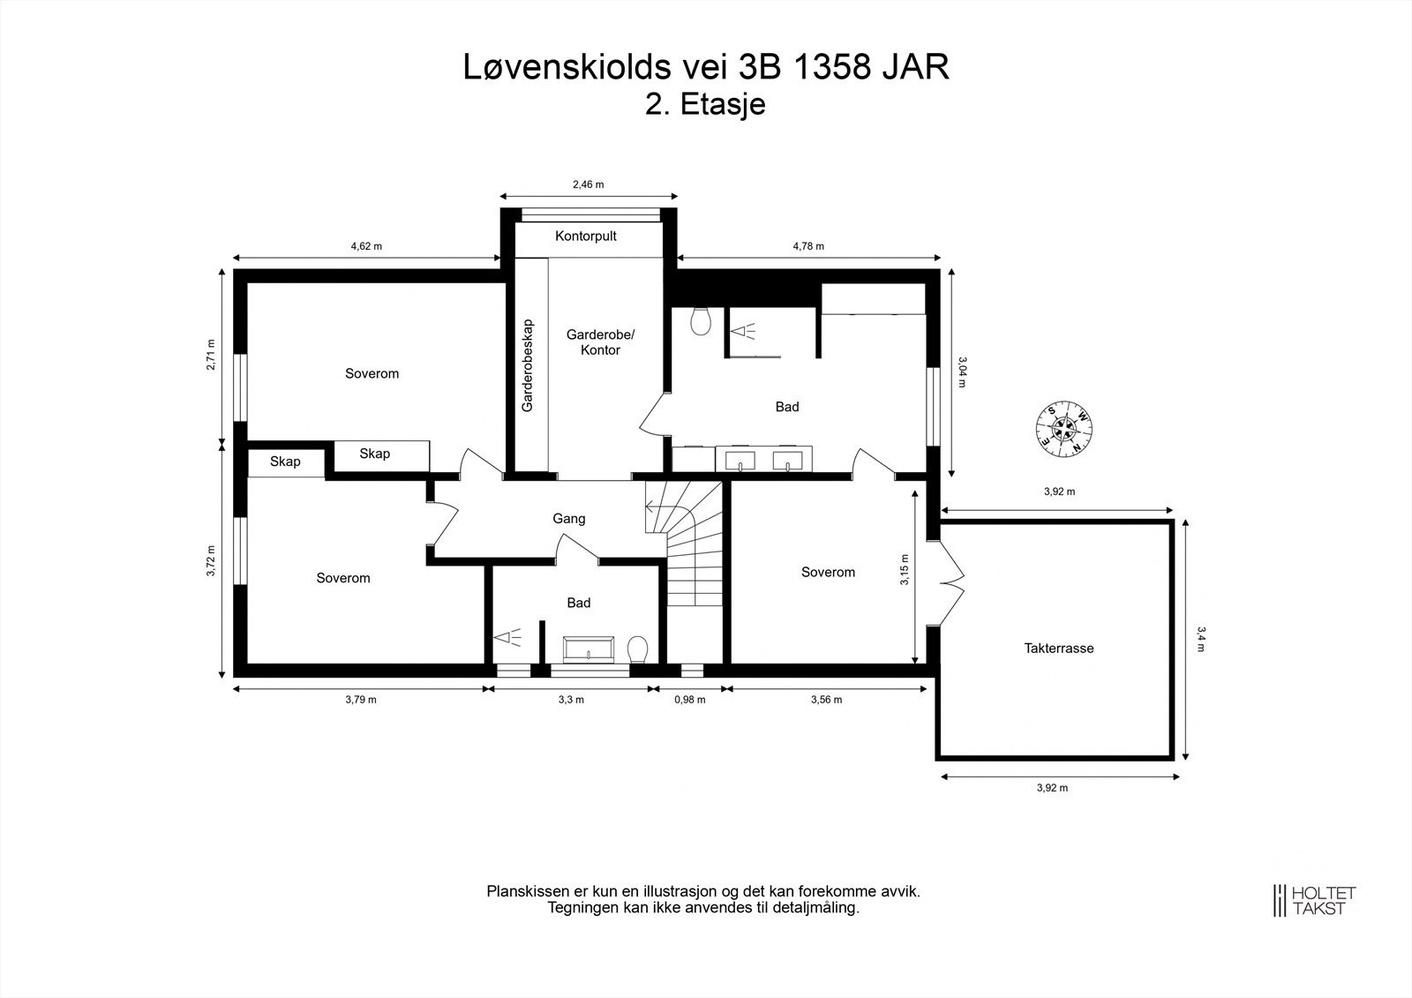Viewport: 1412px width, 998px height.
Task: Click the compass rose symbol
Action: pos(1064,429)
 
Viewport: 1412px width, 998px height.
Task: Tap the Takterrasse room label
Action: pos(1059,648)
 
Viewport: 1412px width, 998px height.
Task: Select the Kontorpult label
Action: pos(586,236)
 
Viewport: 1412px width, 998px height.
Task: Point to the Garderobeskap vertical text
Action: pos(528,365)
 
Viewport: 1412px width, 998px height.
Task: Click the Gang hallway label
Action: pos(569,519)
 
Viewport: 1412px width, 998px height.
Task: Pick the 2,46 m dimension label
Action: pos(588,184)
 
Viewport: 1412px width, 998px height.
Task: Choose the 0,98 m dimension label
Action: pos(690,700)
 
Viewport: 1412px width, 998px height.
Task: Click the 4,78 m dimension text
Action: pos(808,246)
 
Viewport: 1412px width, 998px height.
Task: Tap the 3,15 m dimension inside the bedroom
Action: pos(905,570)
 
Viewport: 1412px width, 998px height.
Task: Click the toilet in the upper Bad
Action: pos(701,321)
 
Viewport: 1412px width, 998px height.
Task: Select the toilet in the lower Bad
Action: pos(638,649)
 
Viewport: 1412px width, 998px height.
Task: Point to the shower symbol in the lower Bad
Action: pos(508,637)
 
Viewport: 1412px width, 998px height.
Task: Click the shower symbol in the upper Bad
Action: pos(743,331)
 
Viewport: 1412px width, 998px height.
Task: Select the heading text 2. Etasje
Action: pos(705,104)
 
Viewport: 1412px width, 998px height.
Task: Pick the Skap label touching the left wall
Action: pos(285,461)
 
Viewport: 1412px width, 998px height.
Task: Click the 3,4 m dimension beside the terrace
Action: pos(1201,639)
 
